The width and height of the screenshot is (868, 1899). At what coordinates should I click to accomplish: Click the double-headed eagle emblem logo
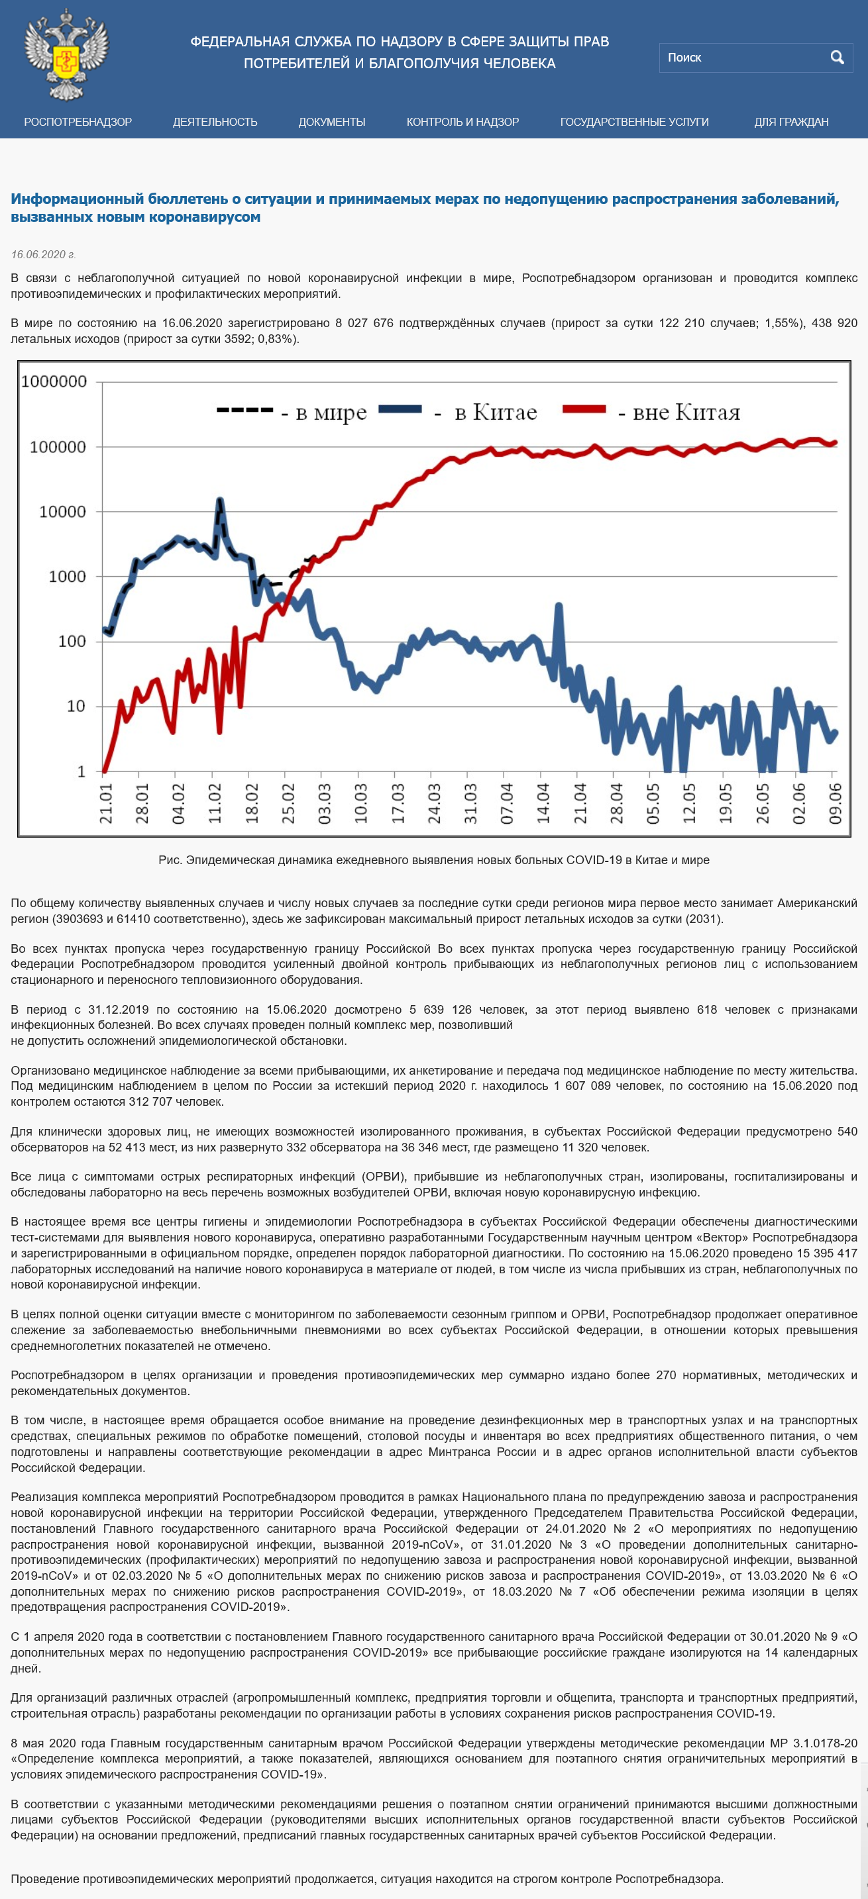(66, 54)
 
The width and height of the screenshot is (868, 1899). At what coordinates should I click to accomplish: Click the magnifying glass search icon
(837, 58)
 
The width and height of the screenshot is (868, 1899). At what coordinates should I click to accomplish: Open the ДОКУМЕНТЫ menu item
(332, 122)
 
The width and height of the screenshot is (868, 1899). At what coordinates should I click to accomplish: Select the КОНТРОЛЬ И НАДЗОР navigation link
(462, 122)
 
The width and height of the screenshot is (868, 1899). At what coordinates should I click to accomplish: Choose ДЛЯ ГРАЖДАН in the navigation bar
(791, 122)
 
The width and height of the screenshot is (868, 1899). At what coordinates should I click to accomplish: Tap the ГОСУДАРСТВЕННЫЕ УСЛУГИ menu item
(634, 122)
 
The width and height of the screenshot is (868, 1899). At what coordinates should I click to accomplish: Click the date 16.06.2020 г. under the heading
(43, 254)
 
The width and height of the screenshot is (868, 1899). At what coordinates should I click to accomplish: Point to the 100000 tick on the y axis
(58, 447)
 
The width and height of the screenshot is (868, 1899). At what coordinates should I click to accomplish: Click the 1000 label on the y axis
(67, 577)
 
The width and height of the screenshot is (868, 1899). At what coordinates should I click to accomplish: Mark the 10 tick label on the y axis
(76, 706)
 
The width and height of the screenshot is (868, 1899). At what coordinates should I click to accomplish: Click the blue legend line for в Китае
(400, 409)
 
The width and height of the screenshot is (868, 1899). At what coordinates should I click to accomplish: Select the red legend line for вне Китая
(584, 409)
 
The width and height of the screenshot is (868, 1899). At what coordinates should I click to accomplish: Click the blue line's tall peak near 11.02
(219, 501)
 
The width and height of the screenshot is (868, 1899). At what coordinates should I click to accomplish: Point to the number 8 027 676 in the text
(364, 323)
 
